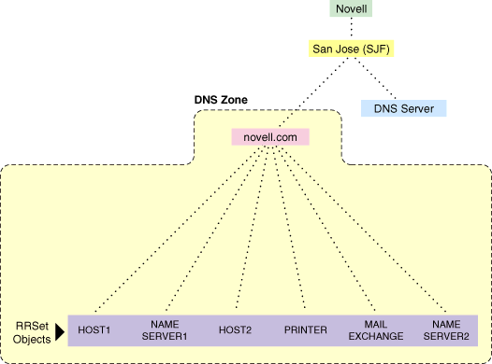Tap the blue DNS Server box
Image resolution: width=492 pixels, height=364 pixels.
pos(404,107)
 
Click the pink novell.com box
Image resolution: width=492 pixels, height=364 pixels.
pos(270,136)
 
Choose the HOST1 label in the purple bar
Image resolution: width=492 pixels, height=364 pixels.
pos(94,330)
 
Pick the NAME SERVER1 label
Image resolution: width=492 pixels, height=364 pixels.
pos(164,329)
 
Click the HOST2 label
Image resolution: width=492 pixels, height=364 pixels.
pos(232,330)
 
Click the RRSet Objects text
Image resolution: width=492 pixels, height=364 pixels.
pos(32,329)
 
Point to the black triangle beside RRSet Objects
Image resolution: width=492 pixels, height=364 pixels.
pos(59,329)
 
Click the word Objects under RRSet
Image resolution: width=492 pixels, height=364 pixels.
pos(32,336)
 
